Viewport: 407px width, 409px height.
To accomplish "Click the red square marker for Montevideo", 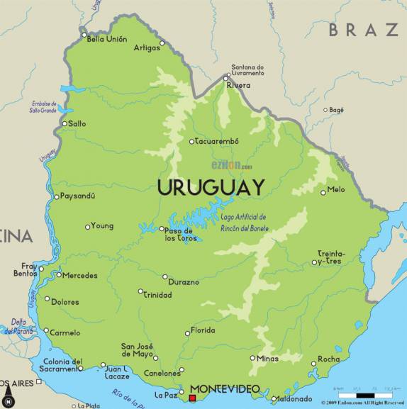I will coord(192,398).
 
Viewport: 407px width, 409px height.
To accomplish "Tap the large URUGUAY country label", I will coord(211,188).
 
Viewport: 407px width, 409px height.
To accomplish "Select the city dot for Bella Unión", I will coord(84,34).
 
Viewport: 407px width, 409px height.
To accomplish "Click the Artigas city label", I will coord(146,47).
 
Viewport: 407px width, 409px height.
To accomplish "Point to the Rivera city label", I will coord(238,85).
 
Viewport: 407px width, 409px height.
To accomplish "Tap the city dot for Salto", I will coord(64,123).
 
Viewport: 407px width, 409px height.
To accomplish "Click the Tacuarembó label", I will coord(217,141).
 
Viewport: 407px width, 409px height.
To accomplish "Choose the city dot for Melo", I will coord(323,191).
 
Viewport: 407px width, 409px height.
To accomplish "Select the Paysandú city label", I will coord(78,196).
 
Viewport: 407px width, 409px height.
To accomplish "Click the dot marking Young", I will coord(87,227).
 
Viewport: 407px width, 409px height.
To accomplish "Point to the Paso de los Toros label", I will coord(179,235).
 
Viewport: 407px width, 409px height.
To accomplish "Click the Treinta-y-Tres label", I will coord(332,257).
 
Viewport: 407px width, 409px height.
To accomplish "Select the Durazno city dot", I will coord(165,277).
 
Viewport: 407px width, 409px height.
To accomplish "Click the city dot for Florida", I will coord(188,332).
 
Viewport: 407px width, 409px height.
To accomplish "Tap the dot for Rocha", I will coord(313,364).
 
